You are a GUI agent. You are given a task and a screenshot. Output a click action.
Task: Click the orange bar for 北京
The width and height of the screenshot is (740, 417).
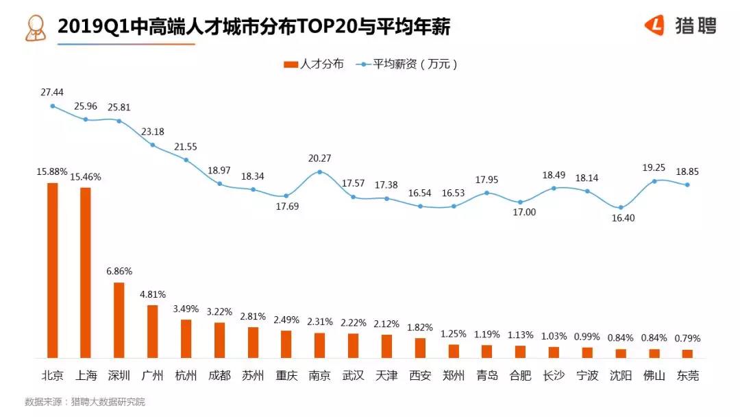(52, 270)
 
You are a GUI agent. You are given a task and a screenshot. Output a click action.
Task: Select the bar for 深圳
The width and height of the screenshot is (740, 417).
(119, 320)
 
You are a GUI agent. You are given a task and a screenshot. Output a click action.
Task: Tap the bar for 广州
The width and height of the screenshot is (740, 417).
(153, 331)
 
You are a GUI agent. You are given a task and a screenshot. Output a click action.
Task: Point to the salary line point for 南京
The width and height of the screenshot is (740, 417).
(320, 171)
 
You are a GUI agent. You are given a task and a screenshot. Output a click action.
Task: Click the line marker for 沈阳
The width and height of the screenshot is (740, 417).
(621, 207)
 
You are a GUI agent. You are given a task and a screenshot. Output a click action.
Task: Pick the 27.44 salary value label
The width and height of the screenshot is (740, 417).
(52, 91)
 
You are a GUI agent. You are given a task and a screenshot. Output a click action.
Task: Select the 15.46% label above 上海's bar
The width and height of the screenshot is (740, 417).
(86, 177)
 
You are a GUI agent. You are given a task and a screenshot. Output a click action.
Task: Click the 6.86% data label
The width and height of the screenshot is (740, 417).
(119, 272)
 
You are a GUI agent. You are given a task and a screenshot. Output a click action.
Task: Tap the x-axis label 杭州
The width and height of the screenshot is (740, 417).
(186, 376)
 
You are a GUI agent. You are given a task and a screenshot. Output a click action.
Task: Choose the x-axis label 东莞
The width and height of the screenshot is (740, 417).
(687, 376)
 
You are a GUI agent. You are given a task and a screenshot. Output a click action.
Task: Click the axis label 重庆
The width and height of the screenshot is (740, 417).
(286, 376)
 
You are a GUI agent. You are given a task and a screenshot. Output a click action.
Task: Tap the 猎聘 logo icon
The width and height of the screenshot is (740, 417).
(655, 25)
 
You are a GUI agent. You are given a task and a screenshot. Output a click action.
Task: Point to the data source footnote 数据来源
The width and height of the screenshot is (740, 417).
(85, 402)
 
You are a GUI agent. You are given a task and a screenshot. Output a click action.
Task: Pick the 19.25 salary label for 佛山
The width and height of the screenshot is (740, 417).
(654, 167)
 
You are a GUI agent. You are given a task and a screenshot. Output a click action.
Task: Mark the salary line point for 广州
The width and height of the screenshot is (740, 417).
(153, 145)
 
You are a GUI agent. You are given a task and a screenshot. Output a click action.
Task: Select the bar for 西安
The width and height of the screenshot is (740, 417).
(420, 348)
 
